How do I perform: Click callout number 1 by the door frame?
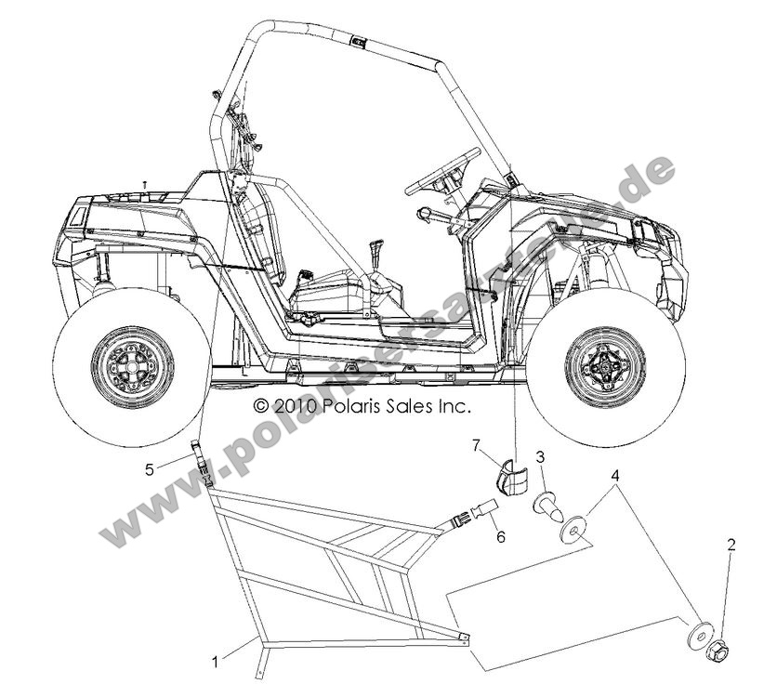216,662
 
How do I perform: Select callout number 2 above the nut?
731,546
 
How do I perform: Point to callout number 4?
614,476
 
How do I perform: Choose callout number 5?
150,469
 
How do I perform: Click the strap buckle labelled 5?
201,461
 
